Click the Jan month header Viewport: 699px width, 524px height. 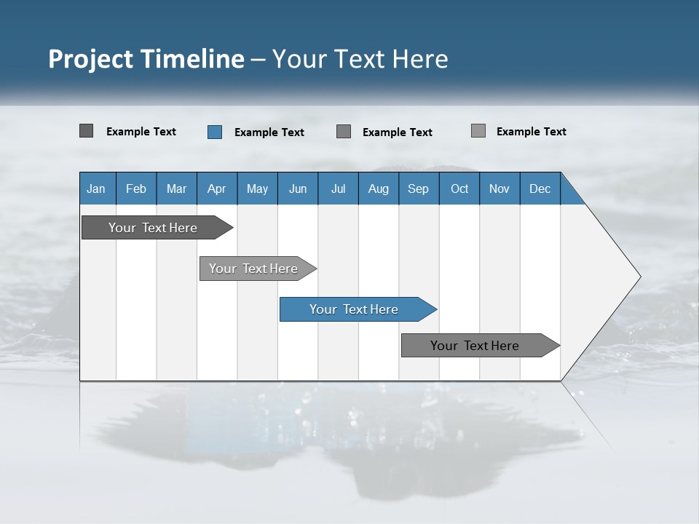(x=96, y=188)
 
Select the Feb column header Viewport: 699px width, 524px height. (x=136, y=188)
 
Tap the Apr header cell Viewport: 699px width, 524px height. (x=217, y=188)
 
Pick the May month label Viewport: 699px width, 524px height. (x=257, y=188)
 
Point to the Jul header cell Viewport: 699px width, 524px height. (x=338, y=188)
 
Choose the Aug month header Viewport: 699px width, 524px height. (x=379, y=188)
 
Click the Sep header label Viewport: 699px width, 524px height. (x=419, y=188)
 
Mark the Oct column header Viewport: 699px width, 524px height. (x=459, y=188)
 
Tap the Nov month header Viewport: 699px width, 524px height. (x=499, y=188)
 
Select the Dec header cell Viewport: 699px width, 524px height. (x=540, y=188)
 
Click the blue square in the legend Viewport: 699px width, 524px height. (x=215, y=132)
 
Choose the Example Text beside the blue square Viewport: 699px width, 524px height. (x=269, y=132)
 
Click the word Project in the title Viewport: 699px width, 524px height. (x=92, y=59)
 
